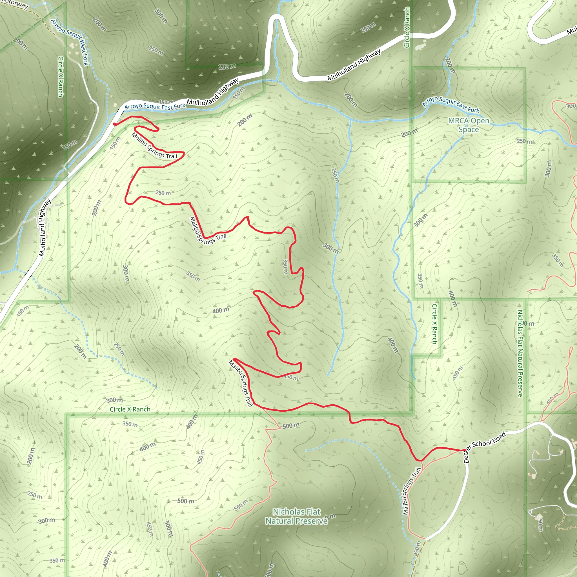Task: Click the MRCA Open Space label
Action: tap(469, 125)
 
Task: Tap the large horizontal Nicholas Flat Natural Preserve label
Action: tap(297, 516)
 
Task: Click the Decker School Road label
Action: tap(484, 447)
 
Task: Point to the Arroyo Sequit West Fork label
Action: tap(70, 42)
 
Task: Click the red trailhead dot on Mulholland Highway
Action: tap(114, 124)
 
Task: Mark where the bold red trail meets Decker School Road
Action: tap(465, 450)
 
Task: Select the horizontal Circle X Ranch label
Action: tap(130, 409)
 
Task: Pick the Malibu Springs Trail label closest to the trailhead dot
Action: tap(154, 146)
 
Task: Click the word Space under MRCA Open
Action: tap(469, 130)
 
